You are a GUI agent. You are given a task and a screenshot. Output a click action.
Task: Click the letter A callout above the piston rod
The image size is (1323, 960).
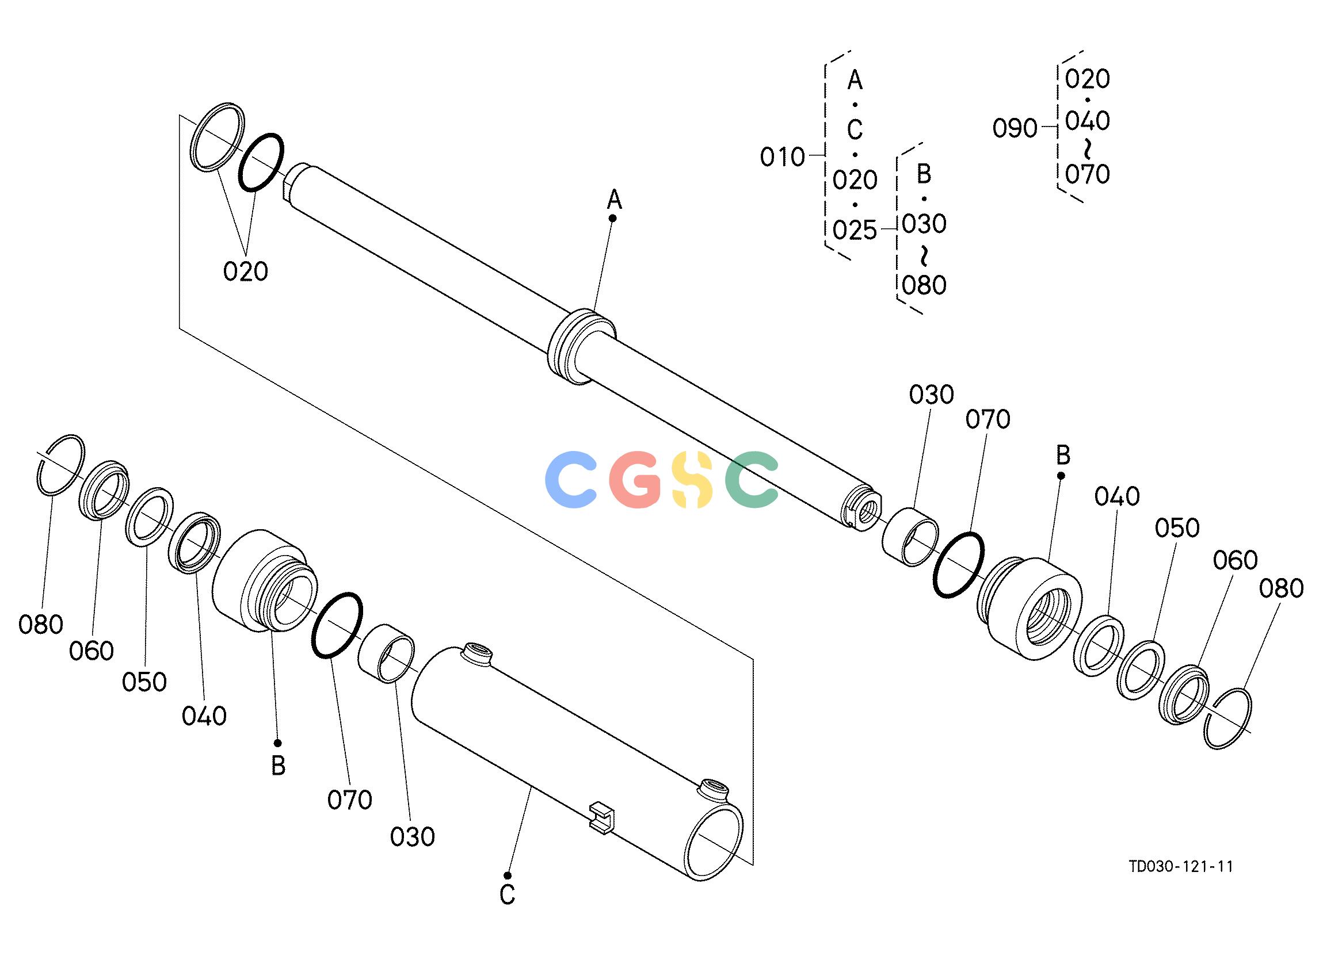tap(614, 201)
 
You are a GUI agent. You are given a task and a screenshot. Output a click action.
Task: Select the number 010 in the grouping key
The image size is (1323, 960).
tap(782, 157)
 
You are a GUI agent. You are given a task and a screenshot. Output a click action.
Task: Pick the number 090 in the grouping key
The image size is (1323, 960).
tap(1015, 128)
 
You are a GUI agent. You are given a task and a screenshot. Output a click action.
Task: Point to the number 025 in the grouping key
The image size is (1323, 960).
tap(855, 231)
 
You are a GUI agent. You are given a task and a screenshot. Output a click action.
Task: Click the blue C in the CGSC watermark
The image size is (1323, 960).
tap(571, 479)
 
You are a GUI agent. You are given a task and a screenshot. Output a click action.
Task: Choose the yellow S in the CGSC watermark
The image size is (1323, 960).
tap(692, 479)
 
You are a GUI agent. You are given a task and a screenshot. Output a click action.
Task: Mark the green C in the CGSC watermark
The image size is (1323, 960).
tap(752, 479)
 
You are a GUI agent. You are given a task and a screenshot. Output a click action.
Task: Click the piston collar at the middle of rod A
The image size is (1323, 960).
tap(582, 346)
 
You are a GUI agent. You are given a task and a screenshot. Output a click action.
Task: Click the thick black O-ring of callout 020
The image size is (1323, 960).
tap(261, 162)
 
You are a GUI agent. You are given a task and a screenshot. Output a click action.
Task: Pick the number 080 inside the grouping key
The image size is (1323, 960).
tap(924, 285)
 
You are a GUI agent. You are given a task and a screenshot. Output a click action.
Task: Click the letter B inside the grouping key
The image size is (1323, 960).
tap(924, 174)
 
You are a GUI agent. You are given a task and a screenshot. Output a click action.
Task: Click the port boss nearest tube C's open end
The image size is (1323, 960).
tap(714, 789)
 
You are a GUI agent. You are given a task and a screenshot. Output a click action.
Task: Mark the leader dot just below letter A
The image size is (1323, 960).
tap(612, 218)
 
